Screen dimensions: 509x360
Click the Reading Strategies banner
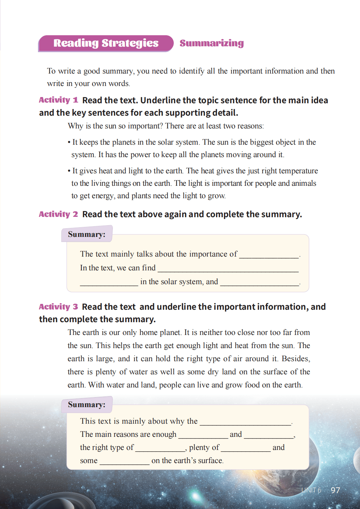click(x=106, y=43)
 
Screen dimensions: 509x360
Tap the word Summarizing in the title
click(x=212, y=43)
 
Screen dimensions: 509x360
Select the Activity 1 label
click(x=58, y=100)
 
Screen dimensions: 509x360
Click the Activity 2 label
click(x=58, y=214)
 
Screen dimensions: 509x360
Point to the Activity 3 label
click(x=58, y=307)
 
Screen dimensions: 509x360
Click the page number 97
click(x=335, y=490)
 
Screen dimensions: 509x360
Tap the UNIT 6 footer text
click(x=311, y=490)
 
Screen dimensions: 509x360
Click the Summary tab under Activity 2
click(x=87, y=234)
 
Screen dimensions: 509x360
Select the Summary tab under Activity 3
click(x=87, y=405)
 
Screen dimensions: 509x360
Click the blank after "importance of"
click(x=269, y=255)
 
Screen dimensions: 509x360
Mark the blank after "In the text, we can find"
click(x=228, y=269)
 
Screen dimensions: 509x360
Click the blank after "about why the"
click(x=245, y=422)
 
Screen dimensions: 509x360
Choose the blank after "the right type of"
click(x=160, y=449)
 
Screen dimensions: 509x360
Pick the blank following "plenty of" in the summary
click(x=245, y=449)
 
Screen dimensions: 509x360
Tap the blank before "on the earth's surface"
click(x=124, y=462)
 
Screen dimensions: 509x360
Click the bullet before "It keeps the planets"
click(x=69, y=143)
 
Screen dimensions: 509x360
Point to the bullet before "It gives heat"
click(x=69, y=171)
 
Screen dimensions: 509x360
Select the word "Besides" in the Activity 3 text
click(x=295, y=359)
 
